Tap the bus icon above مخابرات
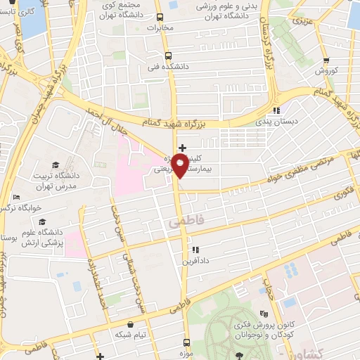[160, 17]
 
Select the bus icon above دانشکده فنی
[167, 56]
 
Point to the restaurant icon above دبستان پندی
[276, 110]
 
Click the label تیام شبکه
[130, 334]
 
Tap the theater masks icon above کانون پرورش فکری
[264, 314]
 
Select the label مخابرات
[160, 28]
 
